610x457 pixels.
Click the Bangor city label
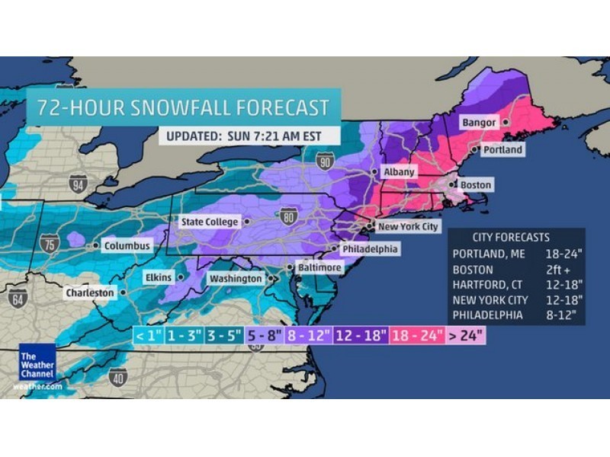(479, 123)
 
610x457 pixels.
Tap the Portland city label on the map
(502, 150)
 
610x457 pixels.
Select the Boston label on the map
(476, 185)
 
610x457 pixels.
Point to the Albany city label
(399, 172)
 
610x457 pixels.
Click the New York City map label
(409, 227)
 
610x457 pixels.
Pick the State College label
(210, 222)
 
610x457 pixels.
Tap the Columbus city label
(127, 247)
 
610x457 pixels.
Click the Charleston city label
(89, 292)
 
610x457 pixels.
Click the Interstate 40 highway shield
(117, 376)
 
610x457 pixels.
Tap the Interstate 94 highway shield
(78, 183)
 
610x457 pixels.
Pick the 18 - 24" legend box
(417, 335)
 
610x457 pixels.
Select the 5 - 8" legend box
(264, 335)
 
